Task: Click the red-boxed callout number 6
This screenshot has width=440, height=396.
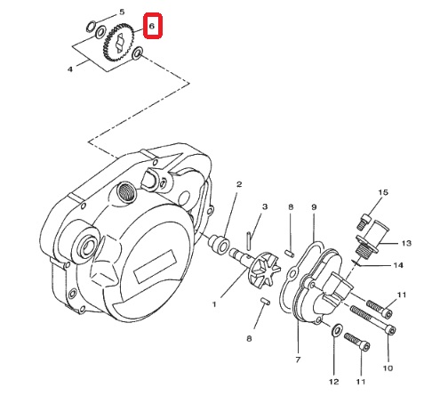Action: point(152,26)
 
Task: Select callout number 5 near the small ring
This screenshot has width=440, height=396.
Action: point(122,12)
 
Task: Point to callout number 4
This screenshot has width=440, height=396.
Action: point(70,69)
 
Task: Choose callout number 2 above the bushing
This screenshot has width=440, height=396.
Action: point(239,184)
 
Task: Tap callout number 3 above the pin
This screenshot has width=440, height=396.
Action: point(265,206)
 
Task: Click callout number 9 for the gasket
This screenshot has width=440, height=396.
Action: point(314,207)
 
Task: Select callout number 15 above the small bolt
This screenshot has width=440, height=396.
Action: point(383,192)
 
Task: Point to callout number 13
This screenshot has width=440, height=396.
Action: point(406,243)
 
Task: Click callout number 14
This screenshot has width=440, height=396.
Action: point(398,265)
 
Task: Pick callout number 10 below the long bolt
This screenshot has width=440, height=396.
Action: point(388,368)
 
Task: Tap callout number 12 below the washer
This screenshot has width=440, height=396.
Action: point(333,382)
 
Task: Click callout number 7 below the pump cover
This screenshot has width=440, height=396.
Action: point(298,360)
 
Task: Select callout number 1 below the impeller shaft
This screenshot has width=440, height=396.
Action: point(214,304)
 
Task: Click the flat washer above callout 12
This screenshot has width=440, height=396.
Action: point(336,329)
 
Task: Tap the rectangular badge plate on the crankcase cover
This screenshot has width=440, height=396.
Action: point(155,266)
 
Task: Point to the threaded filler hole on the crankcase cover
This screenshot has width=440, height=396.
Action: point(126,192)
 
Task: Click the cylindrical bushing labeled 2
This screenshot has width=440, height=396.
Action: point(219,244)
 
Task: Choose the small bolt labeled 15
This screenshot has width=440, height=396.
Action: point(363,222)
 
